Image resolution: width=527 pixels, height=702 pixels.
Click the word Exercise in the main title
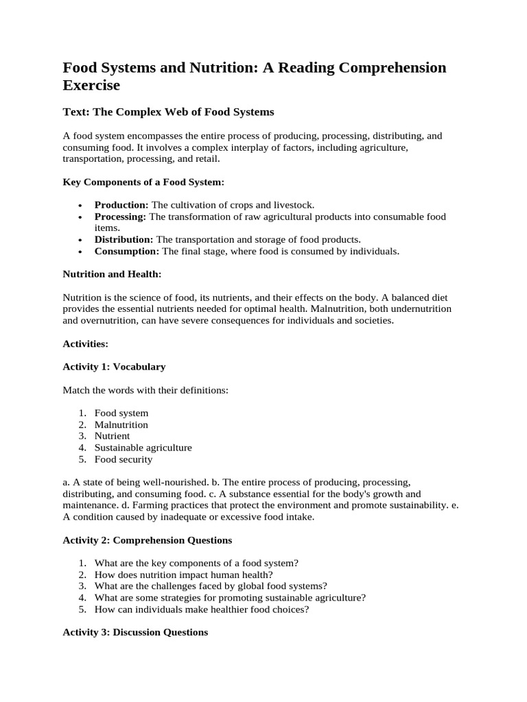coord(91,86)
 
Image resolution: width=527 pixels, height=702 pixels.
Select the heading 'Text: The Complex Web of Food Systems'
coord(168,112)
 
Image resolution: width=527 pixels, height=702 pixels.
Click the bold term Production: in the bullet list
coord(121,205)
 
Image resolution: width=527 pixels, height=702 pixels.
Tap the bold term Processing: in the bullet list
coord(120,217)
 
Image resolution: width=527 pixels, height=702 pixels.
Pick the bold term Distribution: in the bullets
coord(124,239)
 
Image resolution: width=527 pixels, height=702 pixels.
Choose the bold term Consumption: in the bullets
coord(127,251)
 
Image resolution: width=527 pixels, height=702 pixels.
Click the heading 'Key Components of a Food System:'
coord(143,182)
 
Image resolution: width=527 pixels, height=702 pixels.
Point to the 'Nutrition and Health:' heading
coord(113,274)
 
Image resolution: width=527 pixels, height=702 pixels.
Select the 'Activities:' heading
coord(86,343)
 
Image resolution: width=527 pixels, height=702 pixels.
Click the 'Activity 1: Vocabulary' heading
coord(114,367)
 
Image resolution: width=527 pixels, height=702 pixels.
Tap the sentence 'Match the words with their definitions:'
coord(145,390)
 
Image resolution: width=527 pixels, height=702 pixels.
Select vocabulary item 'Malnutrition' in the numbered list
coord(121,424)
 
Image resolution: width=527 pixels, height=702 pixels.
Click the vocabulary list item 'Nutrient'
coord(112,436)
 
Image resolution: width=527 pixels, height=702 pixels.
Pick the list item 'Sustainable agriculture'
coord(143,448)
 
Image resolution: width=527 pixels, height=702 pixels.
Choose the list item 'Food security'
coord(124,459)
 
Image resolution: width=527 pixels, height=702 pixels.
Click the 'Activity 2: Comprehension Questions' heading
coord(148,540)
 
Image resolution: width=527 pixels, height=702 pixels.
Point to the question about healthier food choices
coord(201,609)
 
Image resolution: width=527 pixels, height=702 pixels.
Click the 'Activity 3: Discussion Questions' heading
coord(135,632)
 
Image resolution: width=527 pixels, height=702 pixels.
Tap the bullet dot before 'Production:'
coord(80,206)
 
